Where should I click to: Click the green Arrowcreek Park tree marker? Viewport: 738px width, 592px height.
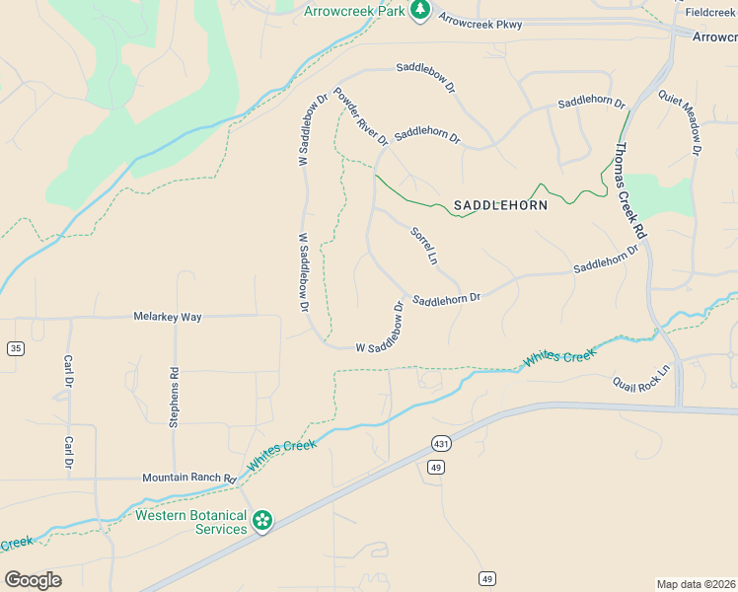(x=420, y=10)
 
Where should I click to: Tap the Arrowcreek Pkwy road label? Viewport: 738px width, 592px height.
(x=480, y=21)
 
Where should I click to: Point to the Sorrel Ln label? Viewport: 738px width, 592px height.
(x=423, y=248)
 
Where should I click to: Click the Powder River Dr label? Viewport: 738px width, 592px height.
(x=360, y=117)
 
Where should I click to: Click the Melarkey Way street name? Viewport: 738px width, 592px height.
(x=168, y=317)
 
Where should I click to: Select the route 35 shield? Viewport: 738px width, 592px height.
(x=15, y=348)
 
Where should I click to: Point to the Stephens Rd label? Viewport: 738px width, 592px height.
(x=175, y=398)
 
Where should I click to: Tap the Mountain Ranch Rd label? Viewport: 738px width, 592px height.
(x=189, y=478)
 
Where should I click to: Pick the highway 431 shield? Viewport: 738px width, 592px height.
(x=439, y=445)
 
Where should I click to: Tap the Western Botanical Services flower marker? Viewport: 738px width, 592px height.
(x=261, y=520)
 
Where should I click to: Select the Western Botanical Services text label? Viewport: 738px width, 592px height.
(x=190, y=522)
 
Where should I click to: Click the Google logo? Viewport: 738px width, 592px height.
(x=33, y=580)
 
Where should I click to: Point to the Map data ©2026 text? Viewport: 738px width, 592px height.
(x=696, y=584)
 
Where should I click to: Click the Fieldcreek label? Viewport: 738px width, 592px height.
(x=710, y=13)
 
